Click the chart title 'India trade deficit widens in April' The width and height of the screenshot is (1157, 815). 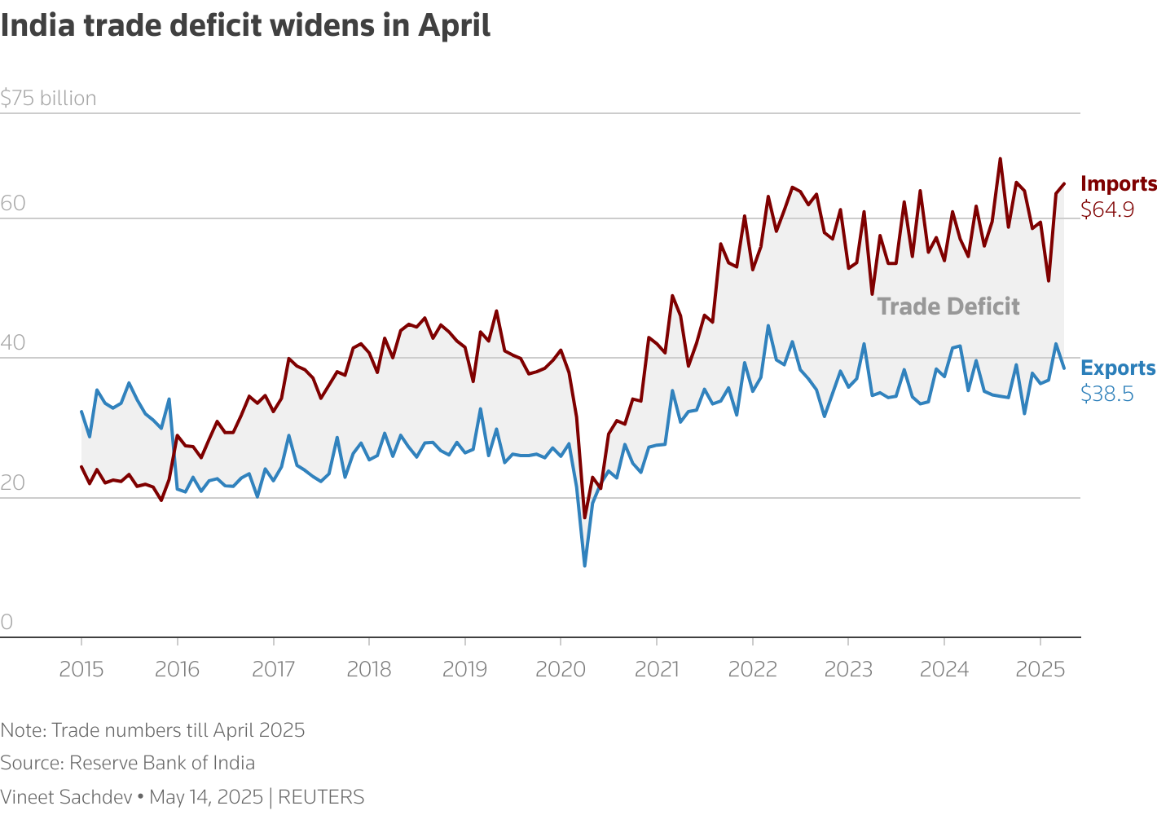click(245, 25)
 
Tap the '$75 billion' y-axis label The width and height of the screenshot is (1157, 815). click(49, 99)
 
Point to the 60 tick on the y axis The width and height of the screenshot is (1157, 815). click(13, 204)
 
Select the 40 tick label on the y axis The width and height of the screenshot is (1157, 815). click(13, 343)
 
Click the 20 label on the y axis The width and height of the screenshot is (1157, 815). click(13, 483)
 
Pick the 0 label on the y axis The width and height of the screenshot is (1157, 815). click(7, 623)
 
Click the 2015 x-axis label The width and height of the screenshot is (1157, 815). click(81, 670)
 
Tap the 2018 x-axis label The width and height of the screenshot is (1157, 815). click(369, 670)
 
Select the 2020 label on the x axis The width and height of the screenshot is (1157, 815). click(561, 670)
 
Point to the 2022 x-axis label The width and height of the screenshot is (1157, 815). click(752, 670)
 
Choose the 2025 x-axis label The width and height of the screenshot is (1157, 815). click(1040, 670)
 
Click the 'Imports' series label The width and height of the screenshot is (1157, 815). click(1118, 184)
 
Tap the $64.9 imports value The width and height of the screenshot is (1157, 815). click(1107, 210)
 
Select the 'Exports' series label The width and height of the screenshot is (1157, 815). click(1118, 368)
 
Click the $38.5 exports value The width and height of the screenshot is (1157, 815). click(1106, 394)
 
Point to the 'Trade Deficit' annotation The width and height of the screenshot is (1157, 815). click(948, 306)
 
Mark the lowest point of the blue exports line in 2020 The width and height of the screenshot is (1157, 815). click(584, 566)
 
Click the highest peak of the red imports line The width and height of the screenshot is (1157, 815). click(1000, 159)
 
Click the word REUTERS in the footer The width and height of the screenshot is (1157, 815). click(321, 797)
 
